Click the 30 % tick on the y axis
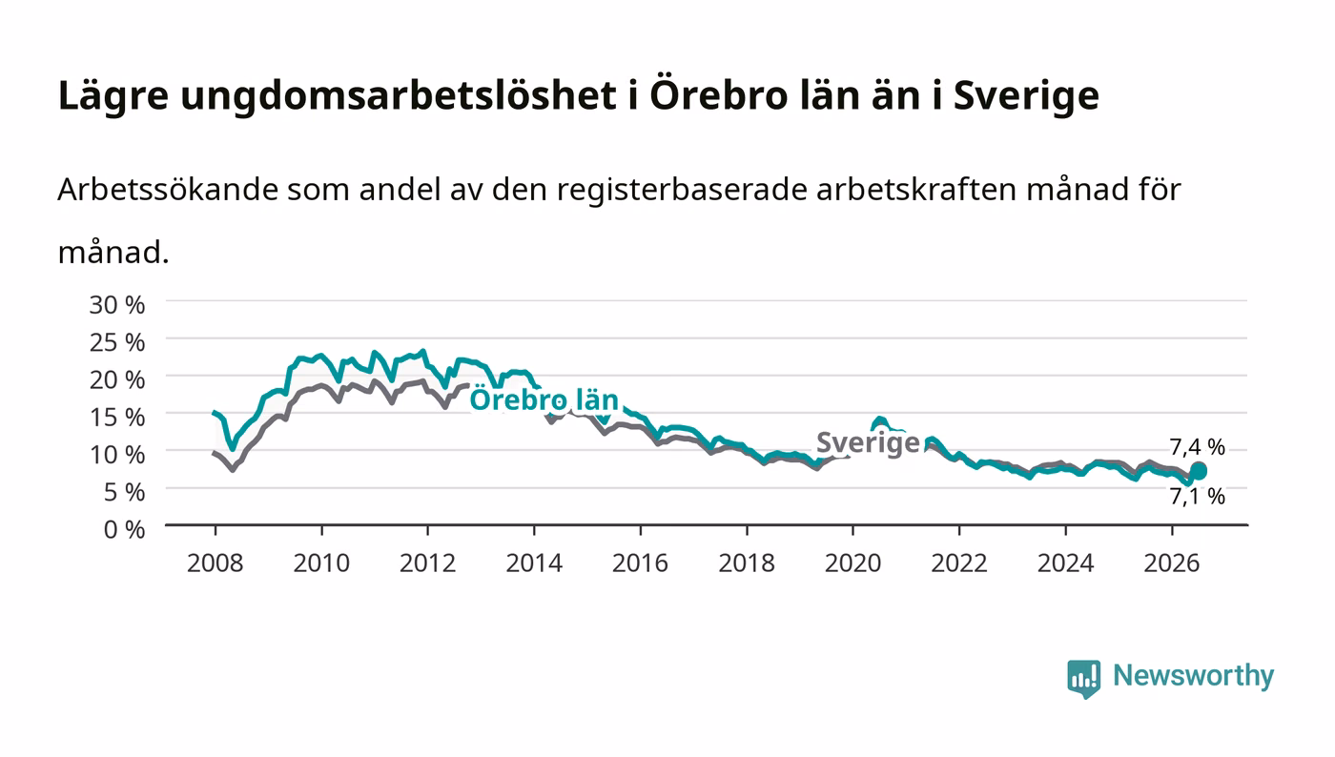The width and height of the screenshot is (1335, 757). (x=116, y=304)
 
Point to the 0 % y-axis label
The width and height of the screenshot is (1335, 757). (x=124, y=529)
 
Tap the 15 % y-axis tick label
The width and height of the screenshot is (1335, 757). (x=116, y=418)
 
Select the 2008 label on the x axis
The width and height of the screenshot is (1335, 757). (x=216, y=563)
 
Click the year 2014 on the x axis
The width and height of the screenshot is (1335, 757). (x=534, y=563)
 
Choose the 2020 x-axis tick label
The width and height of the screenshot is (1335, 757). (x=852, y=563)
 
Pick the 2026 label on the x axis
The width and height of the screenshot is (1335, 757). (x=1172, y=563)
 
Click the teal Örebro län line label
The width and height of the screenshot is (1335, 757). (x=544, y=400)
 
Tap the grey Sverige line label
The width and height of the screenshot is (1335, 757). (x=868, y=443)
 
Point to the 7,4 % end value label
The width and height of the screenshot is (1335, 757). (x=1197, y=446)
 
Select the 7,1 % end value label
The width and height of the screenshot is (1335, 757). (x=1197, y=496)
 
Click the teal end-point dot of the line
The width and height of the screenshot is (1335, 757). (x=1199, y=471)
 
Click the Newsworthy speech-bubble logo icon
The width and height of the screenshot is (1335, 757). (x=1083, y=678)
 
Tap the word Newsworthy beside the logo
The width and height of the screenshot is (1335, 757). (x=1193, y=676)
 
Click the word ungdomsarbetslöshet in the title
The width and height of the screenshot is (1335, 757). (x=399, y=96)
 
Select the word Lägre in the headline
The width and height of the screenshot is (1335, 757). (x=113, y=96)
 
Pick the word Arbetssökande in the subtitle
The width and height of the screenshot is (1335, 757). (x=168, y=190)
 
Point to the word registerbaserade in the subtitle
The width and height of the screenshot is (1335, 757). (x=682, y=191)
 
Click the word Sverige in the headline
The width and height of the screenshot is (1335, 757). (x=1026, y=96)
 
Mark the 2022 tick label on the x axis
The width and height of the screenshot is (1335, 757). (x=959, y=563)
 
